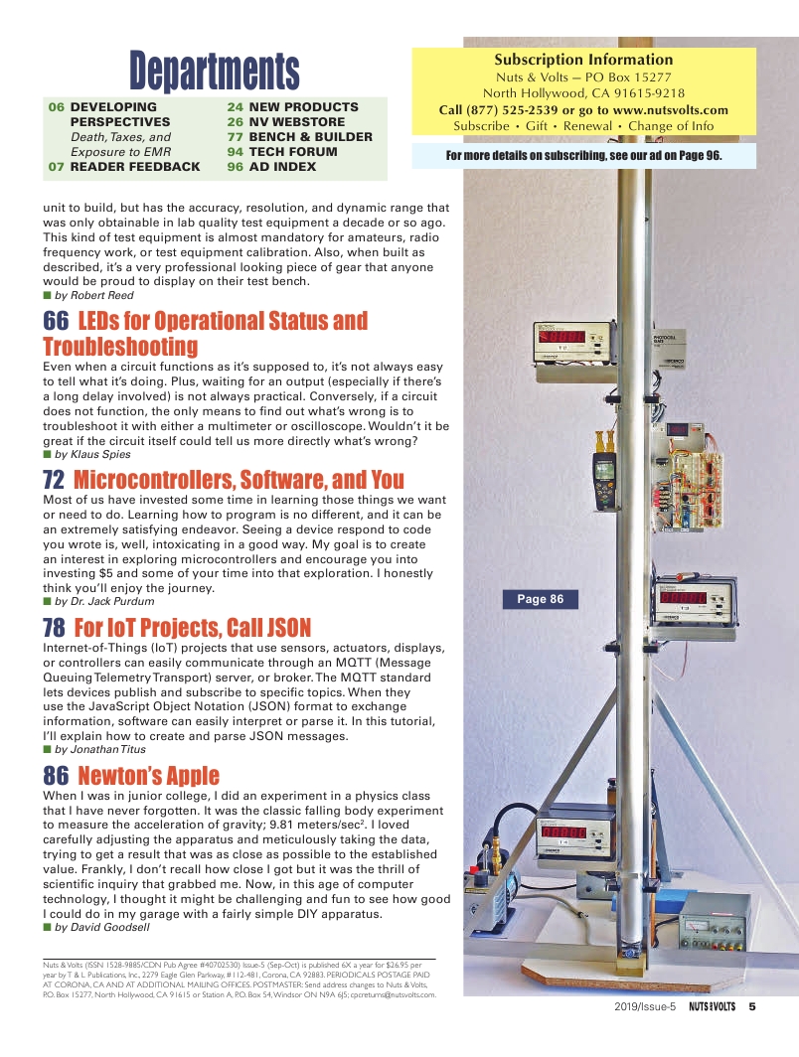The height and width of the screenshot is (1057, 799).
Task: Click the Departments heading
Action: pyautogui.click(x=214, y=70)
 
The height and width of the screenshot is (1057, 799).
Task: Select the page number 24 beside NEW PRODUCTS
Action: pyautogui.click(x=236, y=107)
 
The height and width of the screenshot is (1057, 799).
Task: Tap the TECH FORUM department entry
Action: pyautogui.click(x=293, y=152)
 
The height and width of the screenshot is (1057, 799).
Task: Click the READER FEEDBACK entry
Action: pyautogui.click(x=135, y=167)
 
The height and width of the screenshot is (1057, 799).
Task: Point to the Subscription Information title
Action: pyautogui.click(x=583, y=60)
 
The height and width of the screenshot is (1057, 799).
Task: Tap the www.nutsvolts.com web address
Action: pyautogui.click(x=671, y=110)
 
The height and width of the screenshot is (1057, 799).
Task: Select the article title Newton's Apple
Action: pyautogui.click(x=148, y=776)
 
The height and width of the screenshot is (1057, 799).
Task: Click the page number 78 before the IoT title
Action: pyautogui.click(x=55, y=628)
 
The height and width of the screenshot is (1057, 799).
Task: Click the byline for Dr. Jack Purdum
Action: pyautogui.click(x=104, y=601)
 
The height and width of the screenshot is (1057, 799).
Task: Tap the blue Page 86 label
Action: pyautogui.click(x=540, y=599)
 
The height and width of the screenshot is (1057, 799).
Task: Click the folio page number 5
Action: pyautogui.click(x=752, y=1005)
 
